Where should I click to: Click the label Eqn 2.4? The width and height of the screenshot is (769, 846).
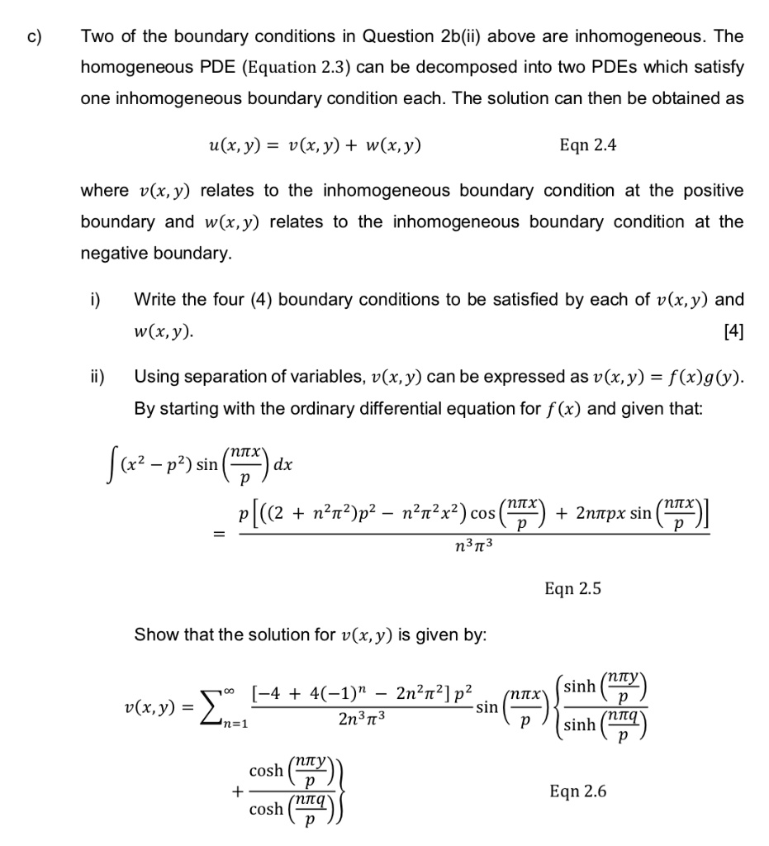point(587,145)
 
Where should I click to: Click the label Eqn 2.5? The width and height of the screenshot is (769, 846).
point(572,589)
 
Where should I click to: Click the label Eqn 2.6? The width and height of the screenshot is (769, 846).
point(577,791)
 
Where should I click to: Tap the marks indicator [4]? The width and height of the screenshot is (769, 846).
point(733,332)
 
